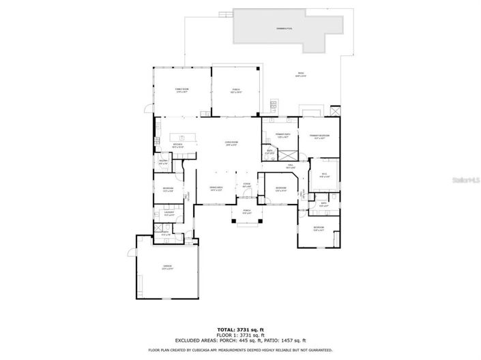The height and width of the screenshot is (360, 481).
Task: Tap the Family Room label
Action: click(181, 89)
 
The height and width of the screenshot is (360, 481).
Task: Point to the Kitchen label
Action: click(177, 145)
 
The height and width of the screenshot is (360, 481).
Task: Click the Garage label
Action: click(166, 266)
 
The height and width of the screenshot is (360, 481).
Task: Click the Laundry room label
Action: click(167, 212)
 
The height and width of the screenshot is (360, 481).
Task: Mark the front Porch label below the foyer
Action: click(246, 211)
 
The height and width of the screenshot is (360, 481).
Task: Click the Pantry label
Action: click(164, 162)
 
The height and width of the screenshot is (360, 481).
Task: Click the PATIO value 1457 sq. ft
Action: click(294, 340)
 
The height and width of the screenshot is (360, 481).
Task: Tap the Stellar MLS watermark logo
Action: click(465, 181)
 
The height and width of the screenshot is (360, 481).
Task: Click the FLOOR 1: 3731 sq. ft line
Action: click(240, 334)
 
